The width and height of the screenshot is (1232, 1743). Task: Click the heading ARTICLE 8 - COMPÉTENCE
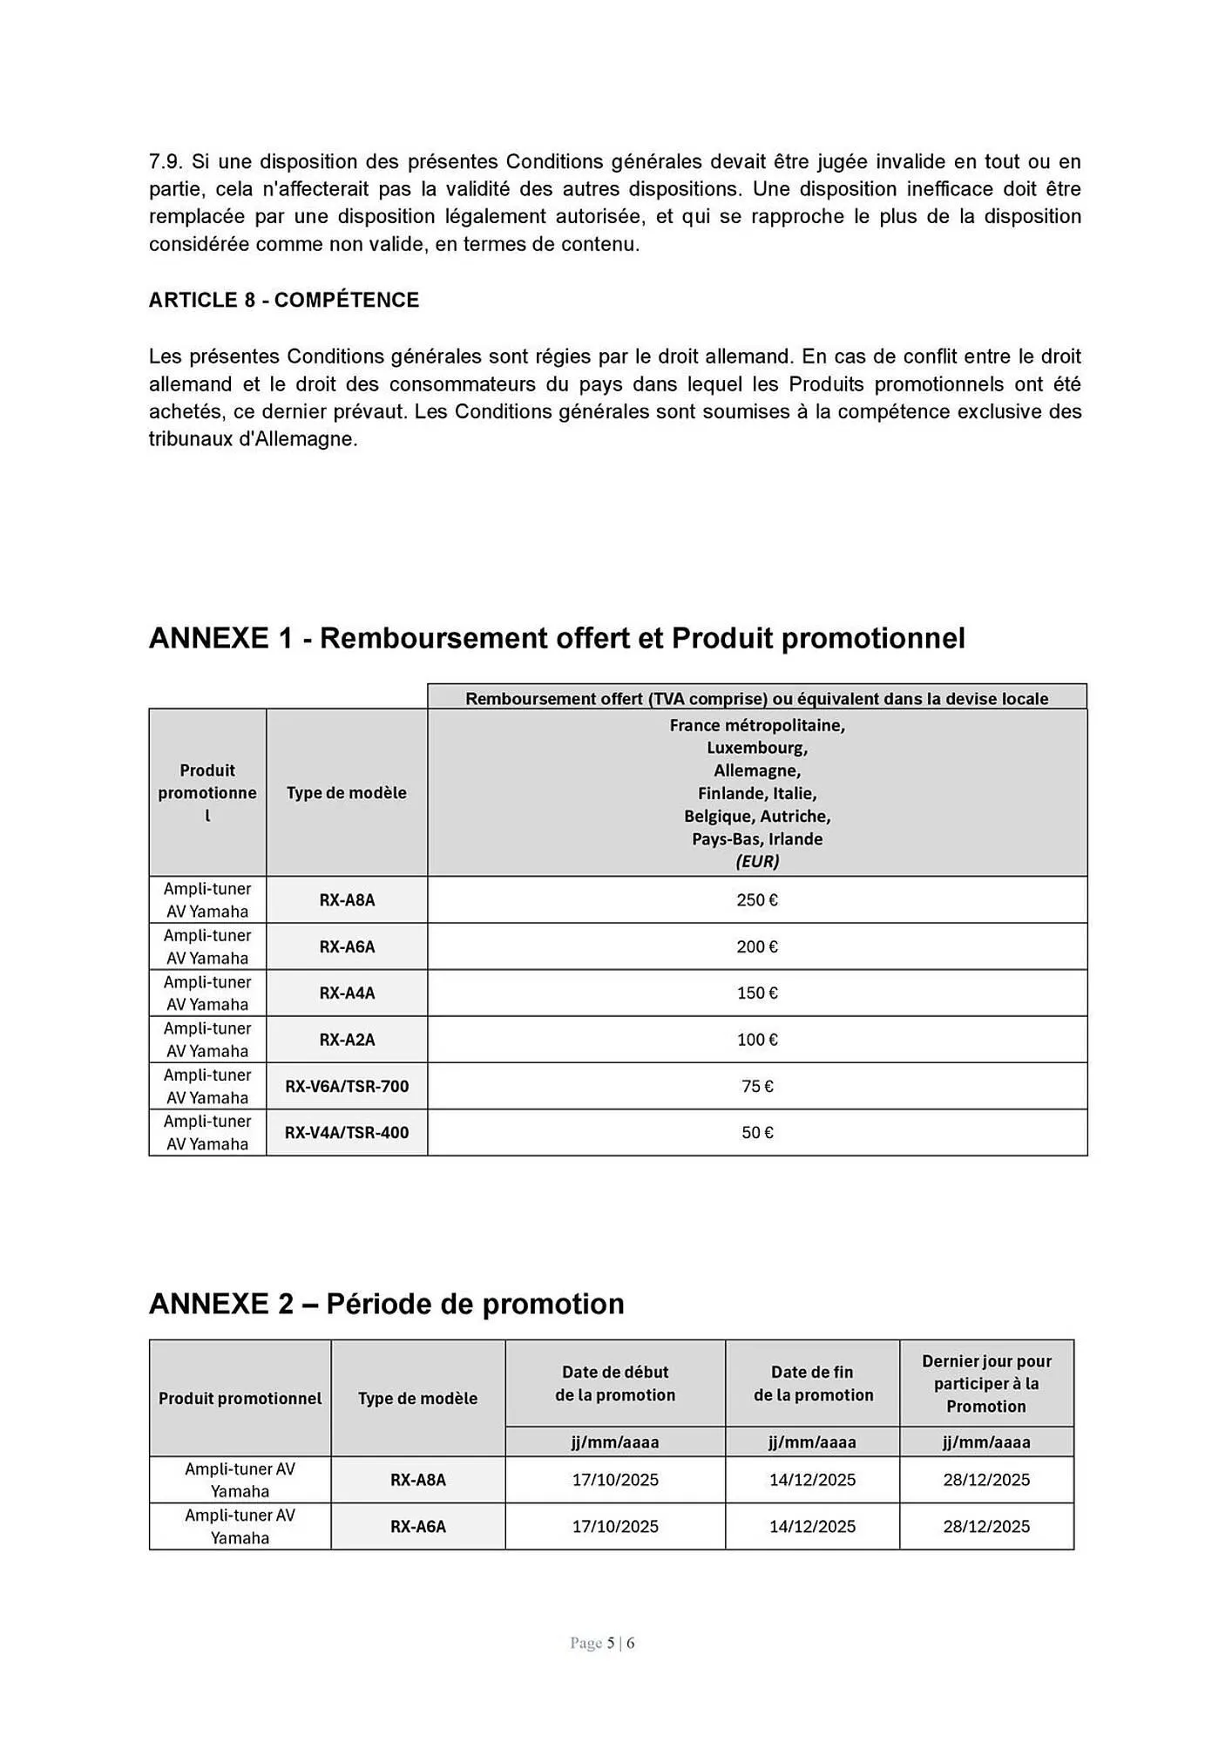click(x=283, y=300)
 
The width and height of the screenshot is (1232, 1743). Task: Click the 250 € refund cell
click(x=756, y=899)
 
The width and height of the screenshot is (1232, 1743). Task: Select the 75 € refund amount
click(x=756, y=1086)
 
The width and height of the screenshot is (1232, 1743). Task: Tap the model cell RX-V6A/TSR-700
click(x=346, y=1086)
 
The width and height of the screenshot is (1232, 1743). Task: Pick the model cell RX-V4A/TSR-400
click(x=346, y=1132)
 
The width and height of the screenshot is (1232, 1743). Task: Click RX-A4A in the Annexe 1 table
click(x=346, y=993)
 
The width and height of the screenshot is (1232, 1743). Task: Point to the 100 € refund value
click(x=756, y=1039)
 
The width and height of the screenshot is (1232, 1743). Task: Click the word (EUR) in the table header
click(x=756, y=861)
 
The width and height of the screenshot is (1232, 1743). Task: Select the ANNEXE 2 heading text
click(x=386, y=1304)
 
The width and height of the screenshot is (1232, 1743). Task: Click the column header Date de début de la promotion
click(x=614, y=1383)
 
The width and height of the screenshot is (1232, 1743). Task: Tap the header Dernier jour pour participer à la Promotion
click(x=985, y=1383)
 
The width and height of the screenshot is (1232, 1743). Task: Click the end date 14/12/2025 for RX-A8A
click(x=811, y=1480)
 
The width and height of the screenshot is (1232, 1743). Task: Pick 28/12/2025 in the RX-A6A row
click(x=985, y=1526)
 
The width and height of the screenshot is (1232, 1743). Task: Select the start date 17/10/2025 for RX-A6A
click(x=614, y=1526)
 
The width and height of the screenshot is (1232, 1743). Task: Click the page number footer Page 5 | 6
click(x=602, y=1643)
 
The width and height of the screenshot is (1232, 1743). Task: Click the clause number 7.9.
click(x=166, y=161)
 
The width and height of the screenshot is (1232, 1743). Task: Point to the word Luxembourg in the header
click(x=756, y=748)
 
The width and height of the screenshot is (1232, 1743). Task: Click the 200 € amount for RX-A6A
click(x=756, y=946)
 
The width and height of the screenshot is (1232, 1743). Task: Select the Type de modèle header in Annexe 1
click(x=346, y=792)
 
